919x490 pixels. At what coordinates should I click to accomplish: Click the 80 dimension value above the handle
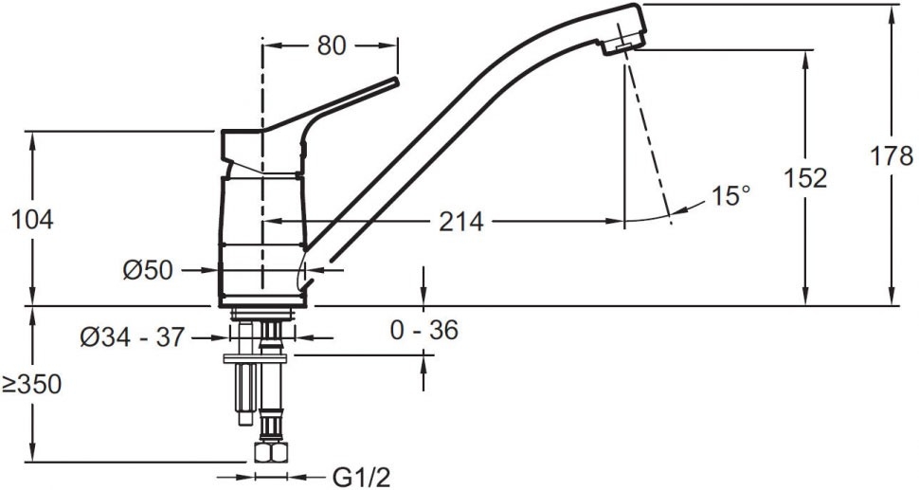click(332, 45)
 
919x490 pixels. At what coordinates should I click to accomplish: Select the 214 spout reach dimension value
click(461, 222)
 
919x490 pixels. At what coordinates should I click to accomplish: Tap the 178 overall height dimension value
click(891, 156)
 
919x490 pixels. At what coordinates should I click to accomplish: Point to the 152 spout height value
click(805, 178)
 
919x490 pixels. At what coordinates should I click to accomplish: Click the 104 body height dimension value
click(33, 220)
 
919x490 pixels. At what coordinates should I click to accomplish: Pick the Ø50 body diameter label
click(149, 270)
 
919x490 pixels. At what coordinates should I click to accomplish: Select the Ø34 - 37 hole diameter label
click(133, 337)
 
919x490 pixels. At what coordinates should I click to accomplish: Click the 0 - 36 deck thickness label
click(424, 331)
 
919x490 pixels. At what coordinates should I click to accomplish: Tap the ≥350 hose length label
click(31, 385)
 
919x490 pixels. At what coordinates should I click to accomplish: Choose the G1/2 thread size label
click(361, 478)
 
